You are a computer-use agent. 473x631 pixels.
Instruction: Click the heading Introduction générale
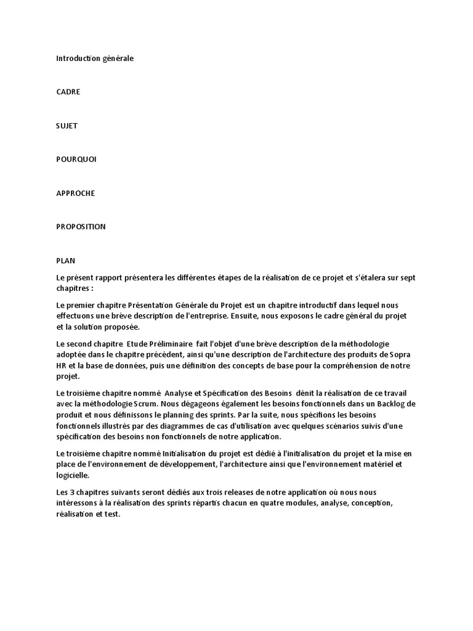coord(94,59)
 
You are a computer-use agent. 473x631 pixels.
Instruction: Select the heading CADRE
coord(68,92)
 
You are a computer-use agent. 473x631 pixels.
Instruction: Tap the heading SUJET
coord(67,126)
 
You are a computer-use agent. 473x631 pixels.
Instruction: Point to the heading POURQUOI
coord(76,159)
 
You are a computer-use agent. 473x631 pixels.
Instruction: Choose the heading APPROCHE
coord(75,193)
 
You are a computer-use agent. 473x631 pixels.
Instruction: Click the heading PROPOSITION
coord(81,226)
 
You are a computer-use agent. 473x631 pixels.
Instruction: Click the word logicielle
coord(72,475)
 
